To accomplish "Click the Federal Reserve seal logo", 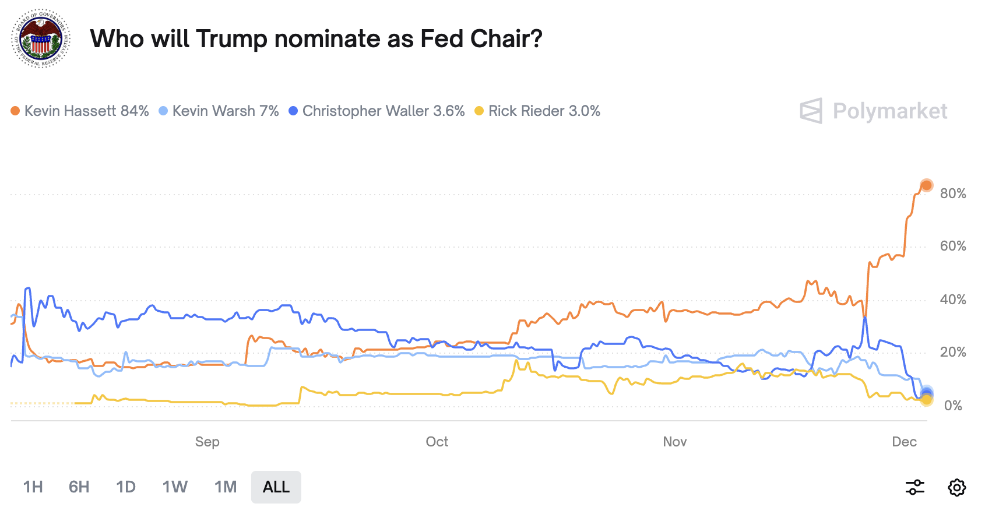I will (x=41, y=38).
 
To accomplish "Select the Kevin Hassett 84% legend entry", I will (x=80, y=111).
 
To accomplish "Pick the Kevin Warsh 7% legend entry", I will (x=219, y=111).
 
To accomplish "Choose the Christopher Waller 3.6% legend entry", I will (x=377, y=111).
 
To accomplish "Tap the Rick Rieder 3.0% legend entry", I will (x=537, y=111).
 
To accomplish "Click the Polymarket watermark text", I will (x=889, y=111).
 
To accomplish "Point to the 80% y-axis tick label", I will (x=953, y=193).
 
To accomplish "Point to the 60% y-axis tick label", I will (x=953, y=246).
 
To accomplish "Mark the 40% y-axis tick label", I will (x=953, y=300).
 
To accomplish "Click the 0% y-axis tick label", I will (x=953, y=406).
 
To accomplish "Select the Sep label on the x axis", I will (x=207, y=442).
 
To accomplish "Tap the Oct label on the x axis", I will (x=437, y=442).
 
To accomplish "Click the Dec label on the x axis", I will (x=904, y=442).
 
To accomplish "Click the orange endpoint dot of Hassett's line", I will (x=926, y=186).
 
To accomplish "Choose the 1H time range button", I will (x=33, y=487).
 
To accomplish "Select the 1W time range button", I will (x=175, y=487).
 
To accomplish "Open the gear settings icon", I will (x=957, y=487).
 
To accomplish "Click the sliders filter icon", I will (x=915, y=487).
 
